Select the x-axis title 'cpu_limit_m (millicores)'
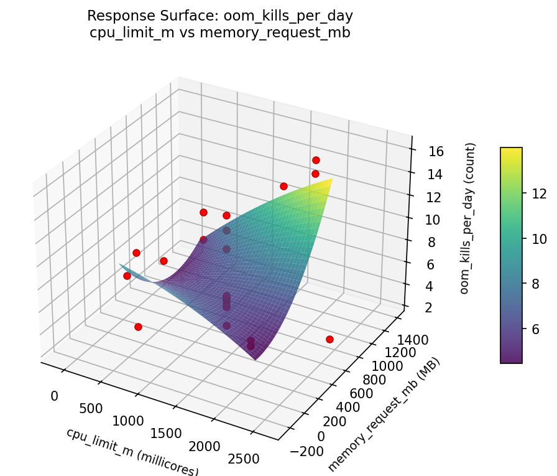point(132,452)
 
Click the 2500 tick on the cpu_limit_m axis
point(243,459)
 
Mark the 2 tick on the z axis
point(420,307)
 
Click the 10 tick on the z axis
point(423,219)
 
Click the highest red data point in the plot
point(316,161)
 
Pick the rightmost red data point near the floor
point(329,339)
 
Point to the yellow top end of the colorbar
point(511,150)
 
